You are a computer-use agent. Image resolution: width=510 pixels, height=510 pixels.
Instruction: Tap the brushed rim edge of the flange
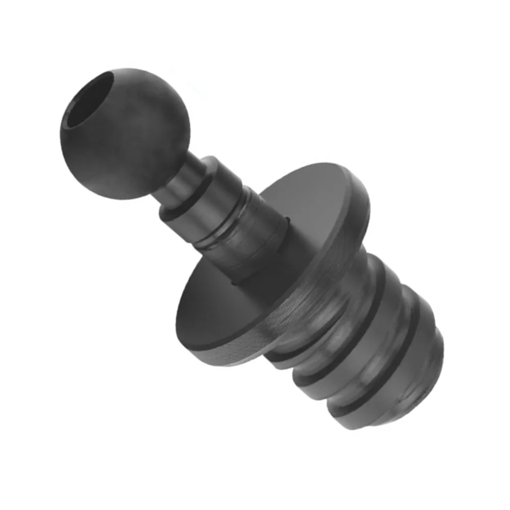(326, 285)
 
